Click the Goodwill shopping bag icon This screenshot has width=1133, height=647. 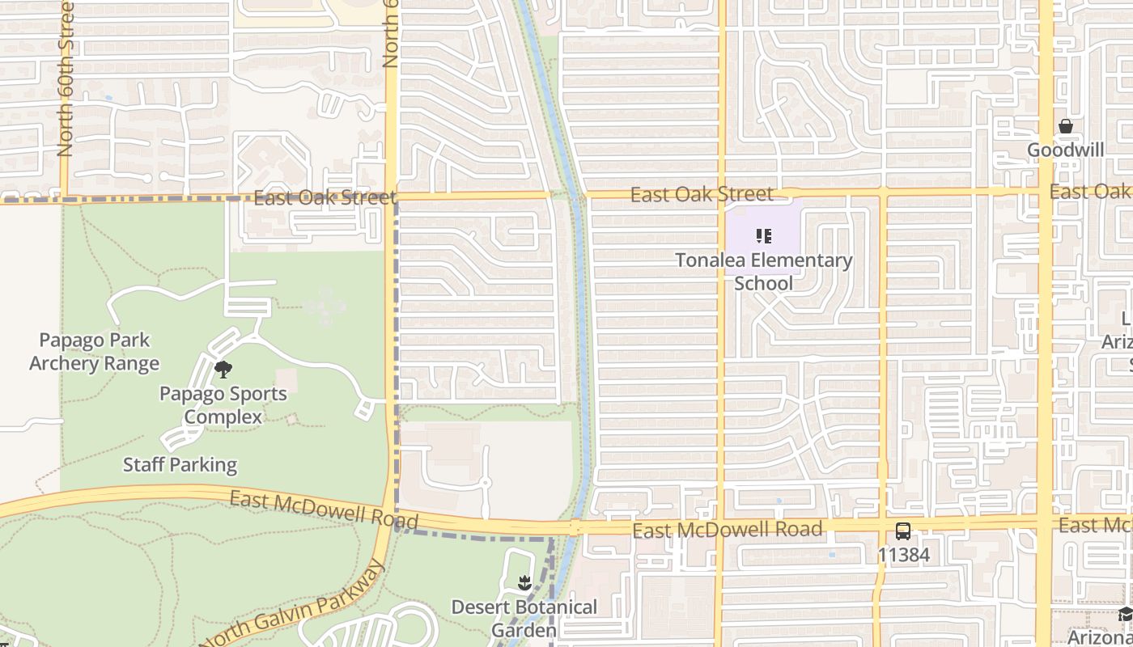[1066, 126]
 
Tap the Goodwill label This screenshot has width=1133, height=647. [1066, 150]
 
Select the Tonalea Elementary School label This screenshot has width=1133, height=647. [764, 272]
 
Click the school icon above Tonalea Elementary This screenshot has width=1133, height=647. [764, 236]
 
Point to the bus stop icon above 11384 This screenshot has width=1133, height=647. [903, 531]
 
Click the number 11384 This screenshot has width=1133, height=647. [904, 555]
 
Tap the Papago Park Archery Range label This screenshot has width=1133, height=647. [95, 352]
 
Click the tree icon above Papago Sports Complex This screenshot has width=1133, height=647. [223, 370]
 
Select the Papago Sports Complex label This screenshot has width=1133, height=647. [223, 405]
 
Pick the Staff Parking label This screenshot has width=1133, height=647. [180, 465]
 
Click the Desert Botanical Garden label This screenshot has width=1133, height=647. [524, 618]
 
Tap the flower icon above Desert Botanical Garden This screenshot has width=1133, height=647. [524, 582]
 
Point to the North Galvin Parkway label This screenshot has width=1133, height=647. [291, 607]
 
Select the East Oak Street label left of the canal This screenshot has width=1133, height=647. [325, 197]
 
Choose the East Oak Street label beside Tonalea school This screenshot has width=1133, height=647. [702, 194]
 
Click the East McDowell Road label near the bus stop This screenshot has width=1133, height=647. [728, 530]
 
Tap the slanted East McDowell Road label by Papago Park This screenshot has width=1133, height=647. [324, 509]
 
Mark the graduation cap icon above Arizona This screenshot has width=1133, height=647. [1125, 615]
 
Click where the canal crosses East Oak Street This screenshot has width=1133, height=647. [579, 195]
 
